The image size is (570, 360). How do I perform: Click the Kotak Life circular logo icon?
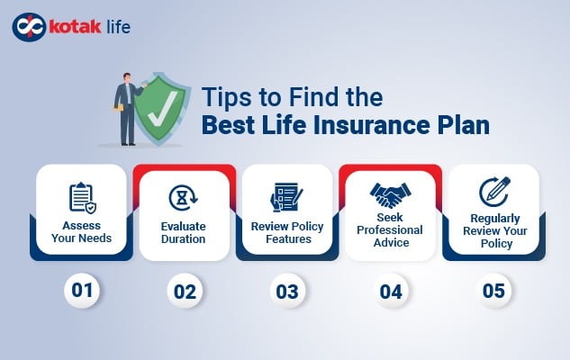point(28,26)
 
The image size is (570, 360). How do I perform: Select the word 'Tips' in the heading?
point(224,96)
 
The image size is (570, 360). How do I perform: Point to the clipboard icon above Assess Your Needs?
point(81,196)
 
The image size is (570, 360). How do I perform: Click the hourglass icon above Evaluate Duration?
point(184,197)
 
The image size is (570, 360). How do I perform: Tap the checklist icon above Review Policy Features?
point(286,196)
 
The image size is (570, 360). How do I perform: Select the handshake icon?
point(390,193)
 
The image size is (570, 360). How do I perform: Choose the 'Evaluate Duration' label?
point(184,233)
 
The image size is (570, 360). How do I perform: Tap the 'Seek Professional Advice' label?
point(390,229)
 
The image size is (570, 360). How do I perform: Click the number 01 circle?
point(81,292)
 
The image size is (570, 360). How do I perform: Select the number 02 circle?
point(184,292)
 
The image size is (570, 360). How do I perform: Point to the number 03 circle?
point(286,292)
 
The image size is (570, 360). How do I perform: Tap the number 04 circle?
point(390,292)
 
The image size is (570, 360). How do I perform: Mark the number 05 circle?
point(493,292)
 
